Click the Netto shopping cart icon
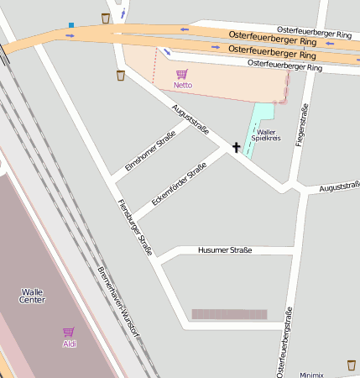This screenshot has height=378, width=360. [182, 74]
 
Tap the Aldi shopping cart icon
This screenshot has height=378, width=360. [69, 333]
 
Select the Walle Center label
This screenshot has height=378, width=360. [33, 296]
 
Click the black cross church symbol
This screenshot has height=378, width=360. [236, 148]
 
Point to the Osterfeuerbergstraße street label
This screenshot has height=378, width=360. [284, 340]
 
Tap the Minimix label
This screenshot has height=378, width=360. [311, 374]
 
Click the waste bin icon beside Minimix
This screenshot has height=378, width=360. [352, 365]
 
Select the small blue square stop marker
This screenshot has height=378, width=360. [71, 25]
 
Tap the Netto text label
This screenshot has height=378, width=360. [182, 86]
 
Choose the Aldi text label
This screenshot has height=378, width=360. [69, 344]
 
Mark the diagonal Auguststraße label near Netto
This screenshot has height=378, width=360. [190, 118]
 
